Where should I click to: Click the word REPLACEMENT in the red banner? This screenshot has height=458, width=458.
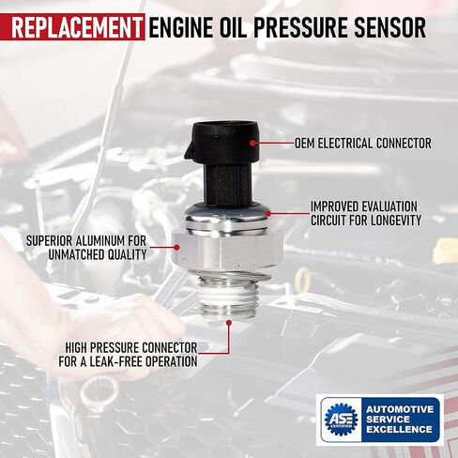pyautogui.click(x=77, y=27)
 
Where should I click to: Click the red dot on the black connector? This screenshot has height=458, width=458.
pyautogui.click(x=252, y=143)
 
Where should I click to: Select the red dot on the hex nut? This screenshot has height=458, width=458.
pyautogui.click(x=176, y=248)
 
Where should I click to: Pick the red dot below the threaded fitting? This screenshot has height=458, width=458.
pyautogui.click(x=229, y=322)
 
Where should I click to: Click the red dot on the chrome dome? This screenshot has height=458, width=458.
pyautogui.click(x=268, y=214)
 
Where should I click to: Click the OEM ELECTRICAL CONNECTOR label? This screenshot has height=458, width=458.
pyautogui.click(x=363, y=144)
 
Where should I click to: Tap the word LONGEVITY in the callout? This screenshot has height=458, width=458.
pyautogui.click(x=396, y=221)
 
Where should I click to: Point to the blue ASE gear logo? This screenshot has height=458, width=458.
pyautogui.click(x=341, y=419)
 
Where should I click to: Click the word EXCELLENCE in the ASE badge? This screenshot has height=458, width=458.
pyautogui.click(x=399, y=429)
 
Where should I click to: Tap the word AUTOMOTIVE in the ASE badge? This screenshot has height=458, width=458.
pyautogui.click(x=400, y=409)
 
